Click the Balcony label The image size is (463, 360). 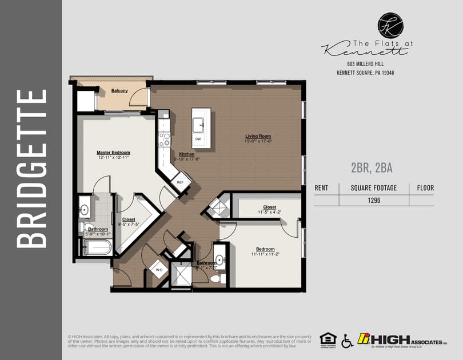[119, 91]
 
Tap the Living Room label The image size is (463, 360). [258, 136]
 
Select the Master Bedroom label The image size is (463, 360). [113, 153]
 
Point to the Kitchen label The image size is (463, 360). [186, 154]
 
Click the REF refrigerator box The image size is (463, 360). [180, 182]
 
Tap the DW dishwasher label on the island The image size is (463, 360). [198, 139]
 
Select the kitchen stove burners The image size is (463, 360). [164, 139]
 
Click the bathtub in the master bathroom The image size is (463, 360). [98, 247]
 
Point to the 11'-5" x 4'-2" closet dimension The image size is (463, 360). [269, 212]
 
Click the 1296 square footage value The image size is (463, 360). [374, 201]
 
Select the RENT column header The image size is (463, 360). [321, 187]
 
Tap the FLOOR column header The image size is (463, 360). [425, 187]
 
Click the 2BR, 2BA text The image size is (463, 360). [372, 168]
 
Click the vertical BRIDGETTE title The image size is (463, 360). [31, 168]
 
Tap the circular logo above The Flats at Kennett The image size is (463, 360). [390, 25]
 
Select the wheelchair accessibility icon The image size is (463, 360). [347, 341]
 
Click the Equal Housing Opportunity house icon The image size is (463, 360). [328, 339]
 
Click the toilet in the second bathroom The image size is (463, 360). [217, 278]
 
